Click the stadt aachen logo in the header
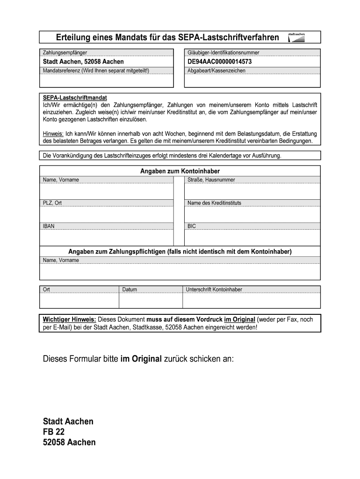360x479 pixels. (x=296, y=37)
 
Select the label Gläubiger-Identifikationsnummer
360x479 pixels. (x=223, y=53)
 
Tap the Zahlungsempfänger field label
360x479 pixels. (x=65, y=53)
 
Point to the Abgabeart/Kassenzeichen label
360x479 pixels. (x=216, y=71)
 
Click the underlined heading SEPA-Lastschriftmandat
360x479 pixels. (x=75, y=98)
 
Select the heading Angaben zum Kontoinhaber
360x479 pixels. (x=180, y=171)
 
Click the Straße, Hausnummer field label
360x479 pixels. (x=211, y=180)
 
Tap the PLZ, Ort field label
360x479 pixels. (x=52, y=203)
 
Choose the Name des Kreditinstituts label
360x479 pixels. (x=214, y=203)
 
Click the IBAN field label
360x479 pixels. (x=49, y=226)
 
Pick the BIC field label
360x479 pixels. (x=192, y=226)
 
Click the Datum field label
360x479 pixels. (x=130, y=290)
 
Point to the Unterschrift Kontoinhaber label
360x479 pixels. (x=214, y=290)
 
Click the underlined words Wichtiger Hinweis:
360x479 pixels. (x=70, y=319)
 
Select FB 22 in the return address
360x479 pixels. (x=54, y=432)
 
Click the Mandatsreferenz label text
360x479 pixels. (x=96, y=71)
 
